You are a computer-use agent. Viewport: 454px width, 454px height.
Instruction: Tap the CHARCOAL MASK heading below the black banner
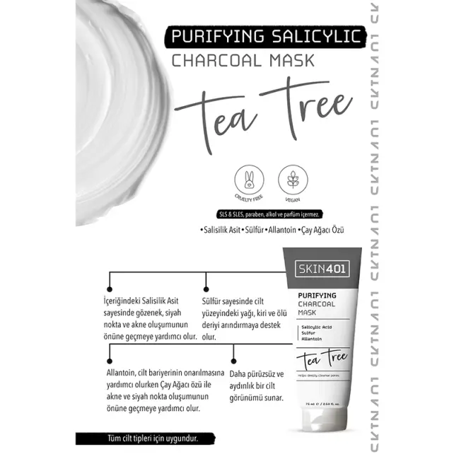[243, 61]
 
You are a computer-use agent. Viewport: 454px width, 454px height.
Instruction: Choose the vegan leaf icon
[292, 180]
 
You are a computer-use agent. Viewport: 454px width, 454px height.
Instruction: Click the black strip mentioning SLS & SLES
[269, 214]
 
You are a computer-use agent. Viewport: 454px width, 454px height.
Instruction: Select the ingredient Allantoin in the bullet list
[281, 231]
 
